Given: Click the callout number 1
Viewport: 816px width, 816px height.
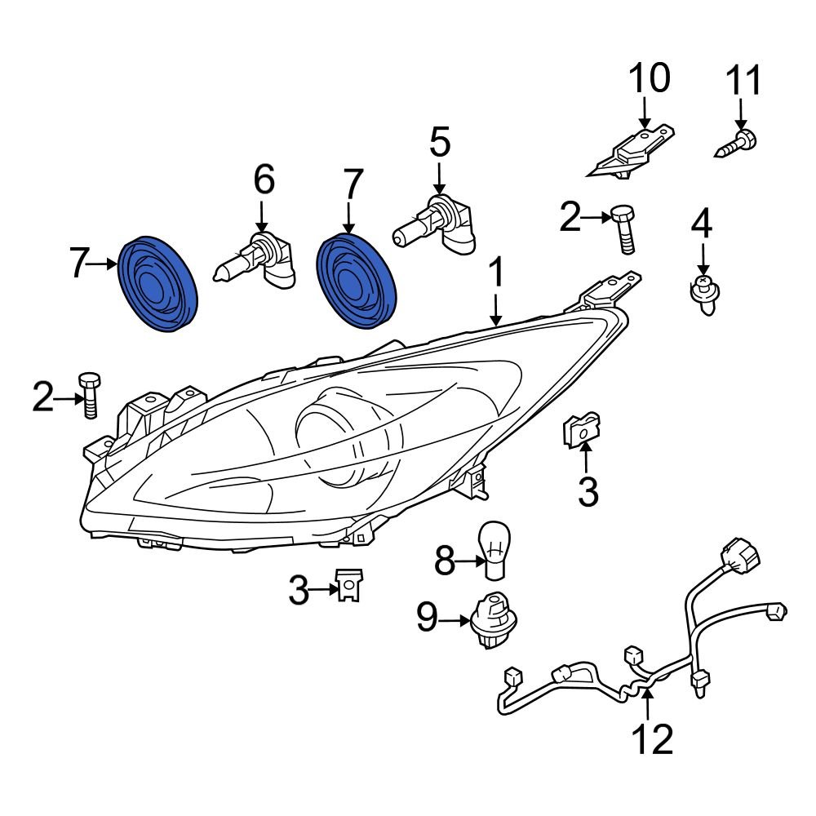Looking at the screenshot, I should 496,278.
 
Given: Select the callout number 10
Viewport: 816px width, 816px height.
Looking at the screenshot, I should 649,78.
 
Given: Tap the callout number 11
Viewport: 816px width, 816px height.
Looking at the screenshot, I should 743,82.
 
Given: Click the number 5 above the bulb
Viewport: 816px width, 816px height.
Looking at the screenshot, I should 439,144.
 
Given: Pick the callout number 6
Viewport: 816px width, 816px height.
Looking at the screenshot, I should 264,180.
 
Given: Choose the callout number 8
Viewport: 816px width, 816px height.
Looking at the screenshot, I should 444,561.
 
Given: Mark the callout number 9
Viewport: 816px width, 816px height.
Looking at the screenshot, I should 428,619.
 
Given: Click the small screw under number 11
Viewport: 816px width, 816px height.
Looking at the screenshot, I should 736,144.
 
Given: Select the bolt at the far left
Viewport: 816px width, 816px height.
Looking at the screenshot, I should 89,395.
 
